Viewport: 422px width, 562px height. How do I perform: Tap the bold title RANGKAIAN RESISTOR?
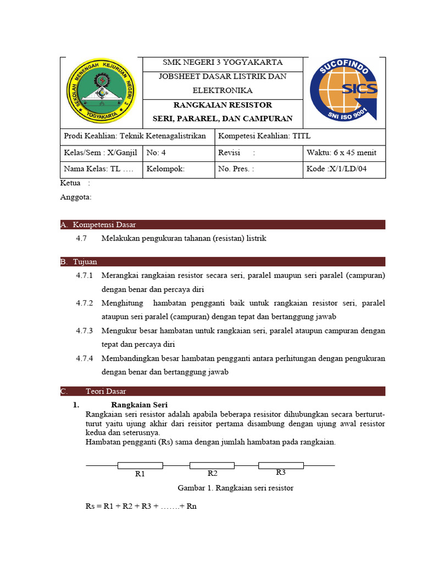(x=223, y=105)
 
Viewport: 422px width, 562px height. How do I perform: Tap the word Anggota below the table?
(x=76, y=197)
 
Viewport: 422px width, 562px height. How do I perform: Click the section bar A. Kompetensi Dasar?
(x=223, y=224)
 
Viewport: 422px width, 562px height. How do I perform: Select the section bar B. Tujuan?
(x=223, y=262)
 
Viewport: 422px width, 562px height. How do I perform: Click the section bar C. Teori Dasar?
(x=223, y=391)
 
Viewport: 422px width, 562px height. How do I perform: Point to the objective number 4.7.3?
(x=85, y=330)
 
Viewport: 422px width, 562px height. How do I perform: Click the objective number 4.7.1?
(x=85, y=275)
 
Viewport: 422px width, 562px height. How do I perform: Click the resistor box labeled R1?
(x=140, y=465)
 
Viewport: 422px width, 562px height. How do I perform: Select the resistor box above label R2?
(x=212, y=465)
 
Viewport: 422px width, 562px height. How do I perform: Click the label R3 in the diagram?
(x=281, y=473)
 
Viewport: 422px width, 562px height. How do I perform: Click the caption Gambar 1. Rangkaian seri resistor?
(x=235, y=488)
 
